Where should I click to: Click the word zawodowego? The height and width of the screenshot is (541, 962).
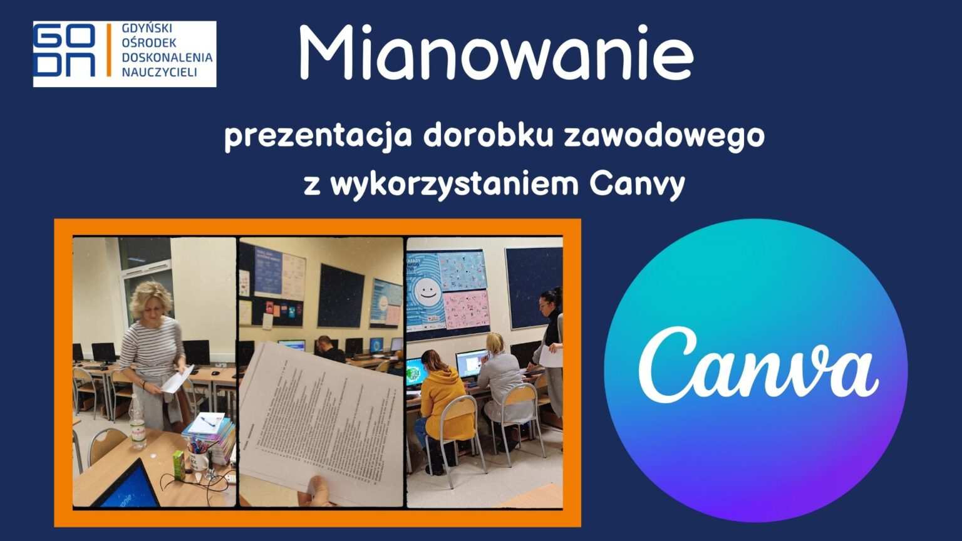(664, 137)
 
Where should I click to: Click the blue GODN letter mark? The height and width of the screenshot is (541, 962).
(65, 54)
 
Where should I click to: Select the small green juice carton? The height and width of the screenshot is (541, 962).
(178, 465)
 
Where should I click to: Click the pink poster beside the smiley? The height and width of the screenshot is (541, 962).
(466, 309)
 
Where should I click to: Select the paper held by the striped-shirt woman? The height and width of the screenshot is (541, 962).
(177, 379)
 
